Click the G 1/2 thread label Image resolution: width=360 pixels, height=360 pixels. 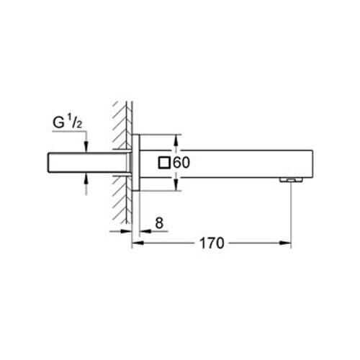(69, 123)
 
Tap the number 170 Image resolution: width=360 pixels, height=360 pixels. (212, 243)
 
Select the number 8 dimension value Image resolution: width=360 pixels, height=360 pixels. (159, 224)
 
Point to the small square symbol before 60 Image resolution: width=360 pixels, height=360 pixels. (165, 163)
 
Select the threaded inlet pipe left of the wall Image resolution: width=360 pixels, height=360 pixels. (86, 163)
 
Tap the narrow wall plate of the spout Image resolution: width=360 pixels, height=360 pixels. (134, 163)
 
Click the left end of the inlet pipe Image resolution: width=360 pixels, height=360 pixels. (48, 163)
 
